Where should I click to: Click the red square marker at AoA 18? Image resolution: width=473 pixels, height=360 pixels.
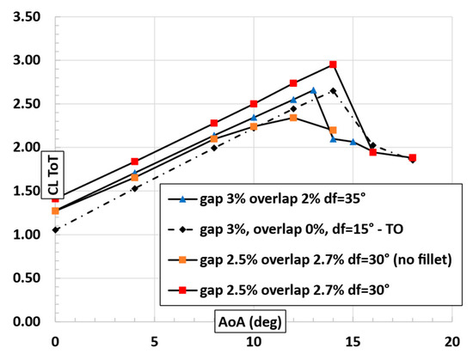pyautogui.click(x=413, y=158)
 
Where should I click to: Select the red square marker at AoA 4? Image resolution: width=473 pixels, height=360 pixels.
pyautogui.click(x=135, y=162)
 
